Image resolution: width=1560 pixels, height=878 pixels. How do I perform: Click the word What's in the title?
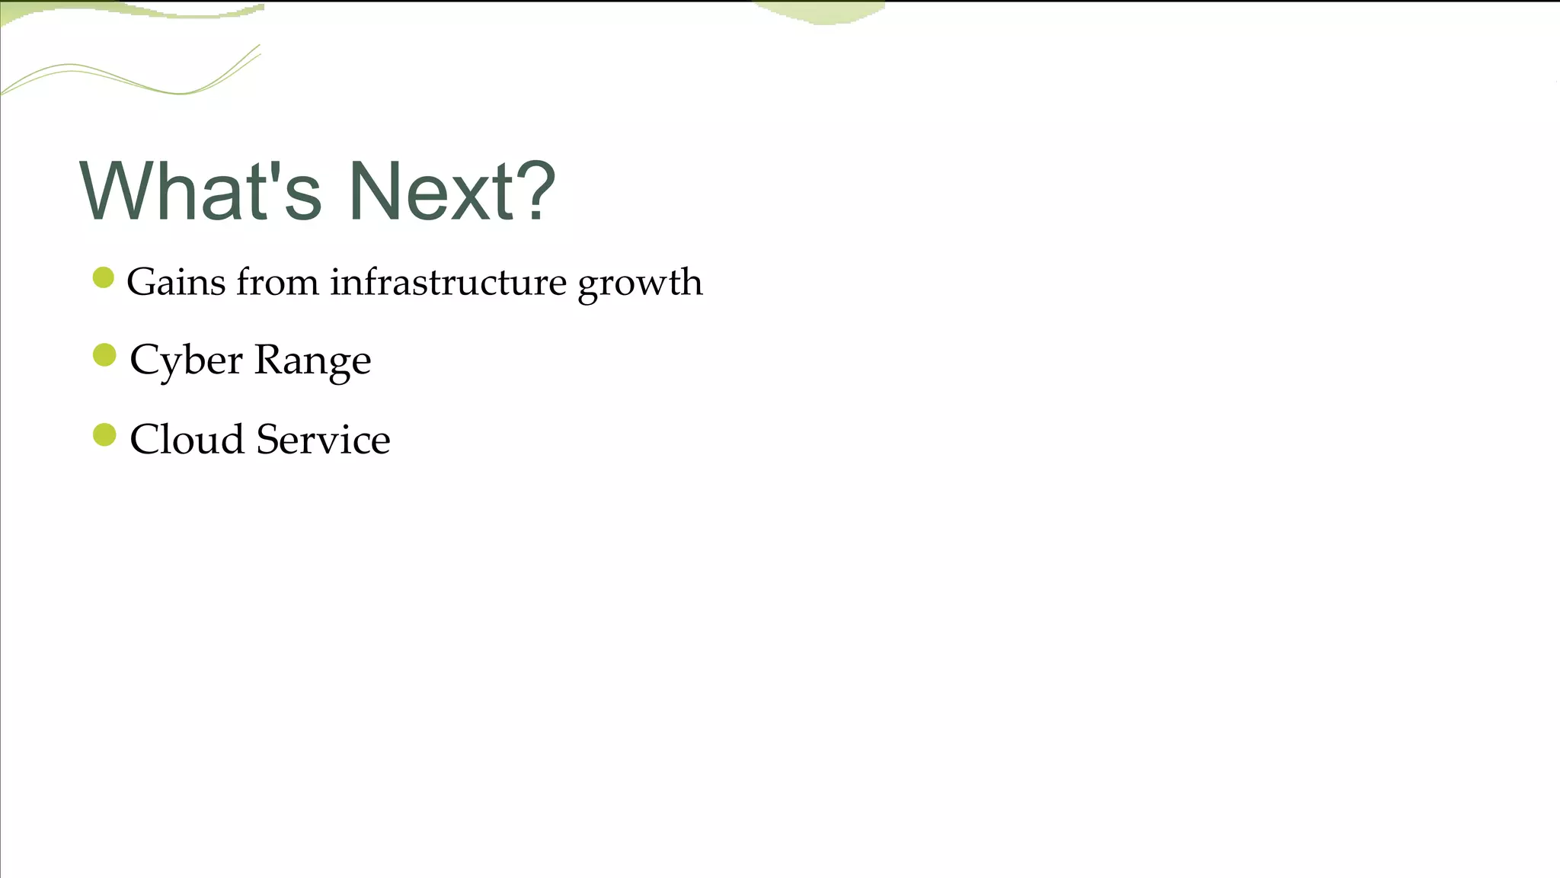pos(200,191)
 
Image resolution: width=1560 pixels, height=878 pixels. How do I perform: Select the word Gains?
pos(176,282)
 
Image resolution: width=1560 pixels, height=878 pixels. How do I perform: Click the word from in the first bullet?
pos(277,282)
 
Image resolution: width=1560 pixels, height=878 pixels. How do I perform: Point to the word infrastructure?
pos(448,282)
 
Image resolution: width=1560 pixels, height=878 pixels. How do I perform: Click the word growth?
pos(640,284)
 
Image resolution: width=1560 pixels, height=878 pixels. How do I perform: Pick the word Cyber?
pos(186,360)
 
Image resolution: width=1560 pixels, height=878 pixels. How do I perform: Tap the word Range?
pos(312,360)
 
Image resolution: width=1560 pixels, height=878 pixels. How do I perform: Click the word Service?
pos(323,440)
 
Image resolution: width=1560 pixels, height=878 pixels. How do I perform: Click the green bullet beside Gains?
pos(104,277)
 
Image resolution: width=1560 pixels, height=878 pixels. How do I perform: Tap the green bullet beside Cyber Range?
pos(104,355)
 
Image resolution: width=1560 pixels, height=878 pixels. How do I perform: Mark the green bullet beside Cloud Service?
pos(104,435)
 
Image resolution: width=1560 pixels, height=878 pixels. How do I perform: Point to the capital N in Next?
pos(374,191)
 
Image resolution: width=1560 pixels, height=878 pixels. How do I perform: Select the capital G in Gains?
pos(142,282)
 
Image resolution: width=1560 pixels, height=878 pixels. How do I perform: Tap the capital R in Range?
pos(268,359)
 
